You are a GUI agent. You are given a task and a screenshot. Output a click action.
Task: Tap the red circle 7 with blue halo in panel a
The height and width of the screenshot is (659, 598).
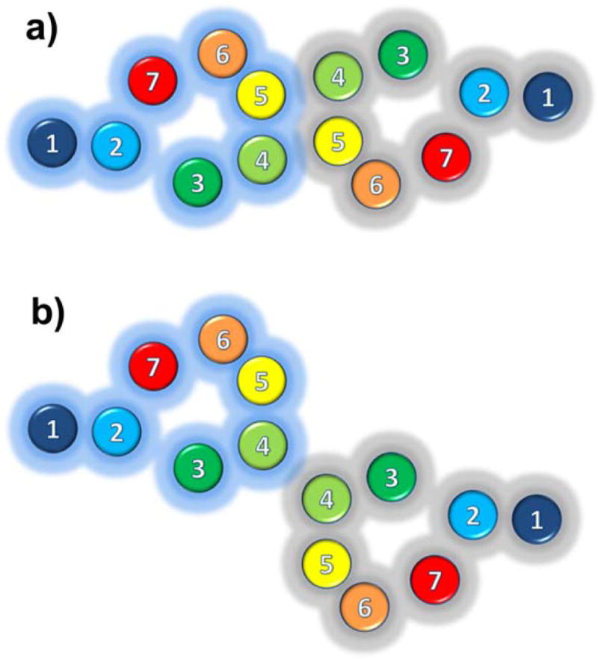pyautogui.click(x=152, y=81)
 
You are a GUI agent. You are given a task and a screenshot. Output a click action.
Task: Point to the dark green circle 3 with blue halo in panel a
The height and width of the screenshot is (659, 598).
pyautogui.click(x=197, y=182)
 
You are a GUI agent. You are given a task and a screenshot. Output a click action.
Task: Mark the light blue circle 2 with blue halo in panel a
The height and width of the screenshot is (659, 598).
pyautogui.click(x=117, y=146)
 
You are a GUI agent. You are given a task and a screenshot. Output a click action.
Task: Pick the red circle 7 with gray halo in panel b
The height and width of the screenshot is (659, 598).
pyautogui.click(x=435, y=579)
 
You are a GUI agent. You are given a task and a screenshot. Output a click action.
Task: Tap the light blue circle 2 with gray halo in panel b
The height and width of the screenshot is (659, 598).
pyautogui.click(x=472, y=516)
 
